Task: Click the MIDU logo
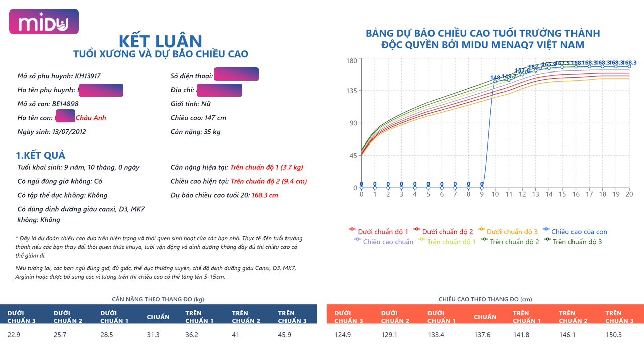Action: click(44, 22)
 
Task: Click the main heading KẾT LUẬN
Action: click(160, 41)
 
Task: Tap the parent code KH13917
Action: click(88, 76)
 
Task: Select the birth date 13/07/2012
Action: click(69, 132)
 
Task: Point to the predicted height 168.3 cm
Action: click(265, 195)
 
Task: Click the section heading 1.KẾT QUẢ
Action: click(41, 155)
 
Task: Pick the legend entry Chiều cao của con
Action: click(579, 232)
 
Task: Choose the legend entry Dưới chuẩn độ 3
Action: click(512, 232)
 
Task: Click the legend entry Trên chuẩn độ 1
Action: click(451, 242)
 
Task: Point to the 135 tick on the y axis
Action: click(352, 91)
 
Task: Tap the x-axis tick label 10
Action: click(495, 194)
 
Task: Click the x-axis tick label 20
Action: click(629, 194)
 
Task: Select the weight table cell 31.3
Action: click(153, 334)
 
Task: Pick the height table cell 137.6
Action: click(482, 334)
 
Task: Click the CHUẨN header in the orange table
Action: click(485, 317)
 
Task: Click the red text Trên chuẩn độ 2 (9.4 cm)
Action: click(268, 181)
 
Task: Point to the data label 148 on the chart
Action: click(495, 78)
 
